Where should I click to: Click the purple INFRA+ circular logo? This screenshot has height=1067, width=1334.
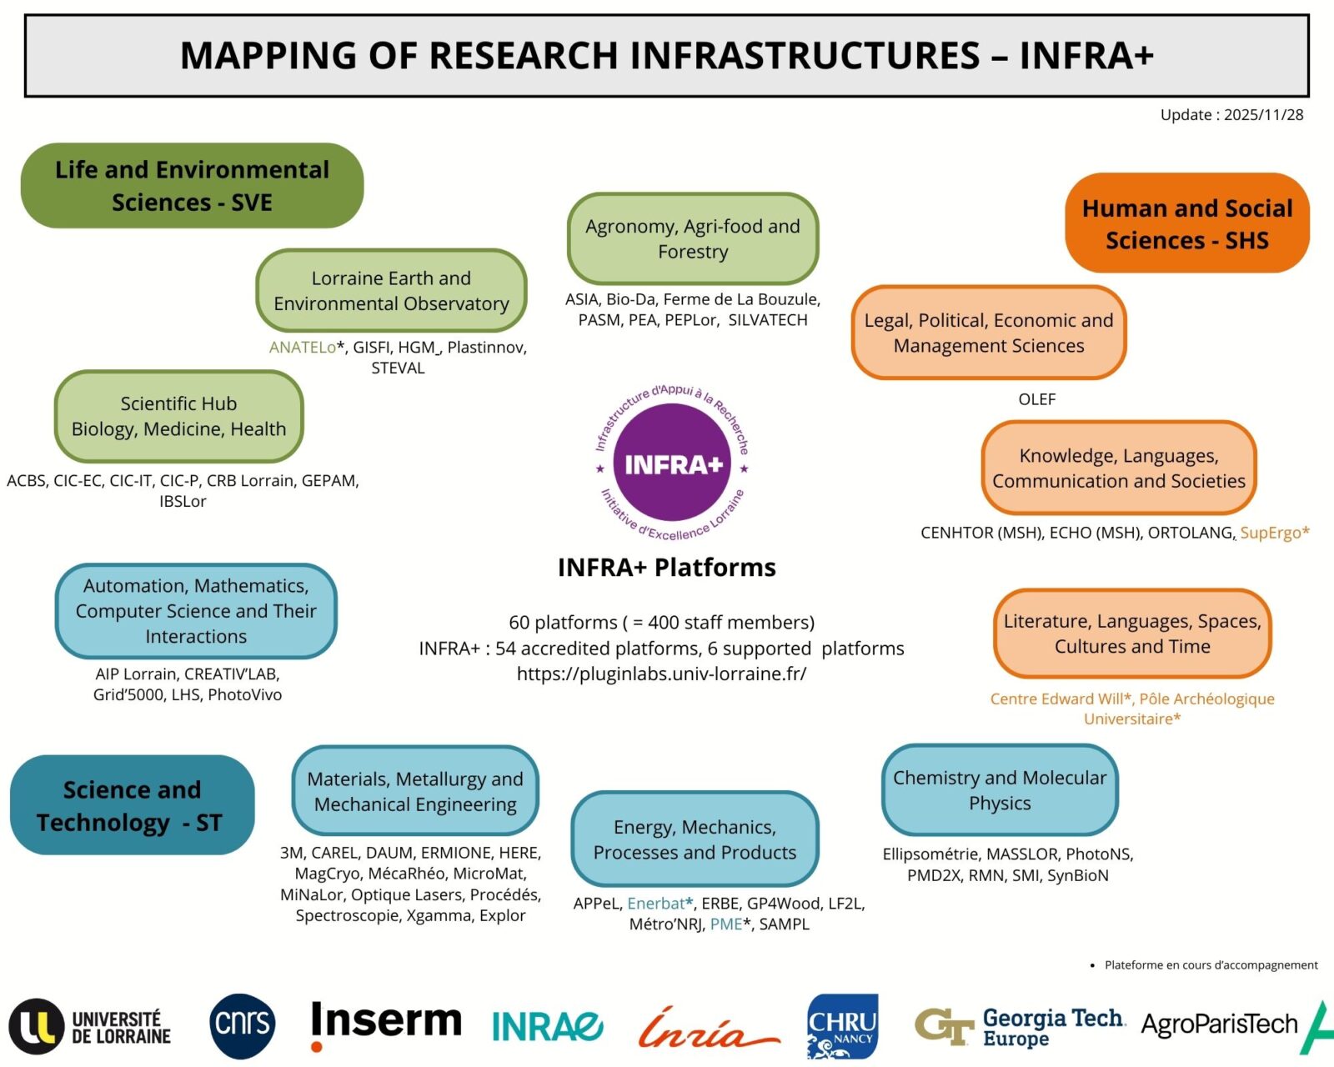672,463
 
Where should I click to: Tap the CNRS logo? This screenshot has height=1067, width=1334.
243,1025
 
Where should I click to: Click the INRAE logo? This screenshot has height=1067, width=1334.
547,1026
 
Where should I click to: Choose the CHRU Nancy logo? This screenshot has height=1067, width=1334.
842,1026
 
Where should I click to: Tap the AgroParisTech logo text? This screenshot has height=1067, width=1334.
1219,1024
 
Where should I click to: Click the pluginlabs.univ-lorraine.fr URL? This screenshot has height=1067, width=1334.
661,674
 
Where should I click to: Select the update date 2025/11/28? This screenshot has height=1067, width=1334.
1263,115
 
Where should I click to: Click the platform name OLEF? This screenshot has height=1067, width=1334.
1036,399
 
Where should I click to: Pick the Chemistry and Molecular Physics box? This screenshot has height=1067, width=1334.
1000,790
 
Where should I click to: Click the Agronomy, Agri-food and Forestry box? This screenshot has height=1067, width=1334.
693,239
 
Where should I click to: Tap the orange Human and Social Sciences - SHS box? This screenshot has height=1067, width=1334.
1187,223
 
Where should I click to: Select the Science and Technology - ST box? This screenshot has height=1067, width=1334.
132,805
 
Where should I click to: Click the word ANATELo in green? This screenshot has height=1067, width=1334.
302,348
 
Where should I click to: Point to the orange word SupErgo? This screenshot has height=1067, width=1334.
1271,533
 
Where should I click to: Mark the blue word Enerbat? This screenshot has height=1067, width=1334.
656,904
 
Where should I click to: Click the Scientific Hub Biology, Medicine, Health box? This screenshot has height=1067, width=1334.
178,416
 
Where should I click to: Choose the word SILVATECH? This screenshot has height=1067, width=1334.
767,320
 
